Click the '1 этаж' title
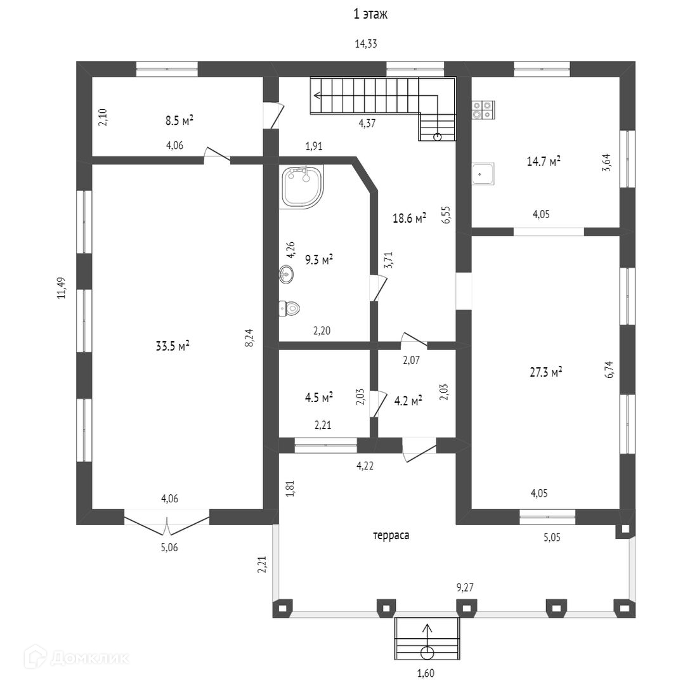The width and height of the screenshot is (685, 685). (x=370, y=14)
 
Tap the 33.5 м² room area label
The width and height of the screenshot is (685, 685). (x=173, y=346)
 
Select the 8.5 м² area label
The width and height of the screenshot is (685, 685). (x=179, y=120)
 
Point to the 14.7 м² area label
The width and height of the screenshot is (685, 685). (x=544, y=162)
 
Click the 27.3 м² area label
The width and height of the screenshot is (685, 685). (x=547, y=372)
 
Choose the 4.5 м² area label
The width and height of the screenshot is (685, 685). (x=319, y=398)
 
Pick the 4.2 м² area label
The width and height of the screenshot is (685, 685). (x=408, y=401)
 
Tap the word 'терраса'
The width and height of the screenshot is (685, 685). (x=391, y=535)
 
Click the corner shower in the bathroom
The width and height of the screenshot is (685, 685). (x=301, y=186)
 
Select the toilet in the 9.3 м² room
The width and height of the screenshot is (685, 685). (x=289, y=309)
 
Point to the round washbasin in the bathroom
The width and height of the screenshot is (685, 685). (x=286, y=275)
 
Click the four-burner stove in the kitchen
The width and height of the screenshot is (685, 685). (x=483, y=110)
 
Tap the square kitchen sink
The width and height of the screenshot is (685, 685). (x=483, y=173)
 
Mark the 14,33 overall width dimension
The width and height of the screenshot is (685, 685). (x=370, y=44)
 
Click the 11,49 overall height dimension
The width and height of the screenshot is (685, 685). (x=62, y=287)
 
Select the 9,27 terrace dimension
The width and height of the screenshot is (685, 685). (x=465, y=588)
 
